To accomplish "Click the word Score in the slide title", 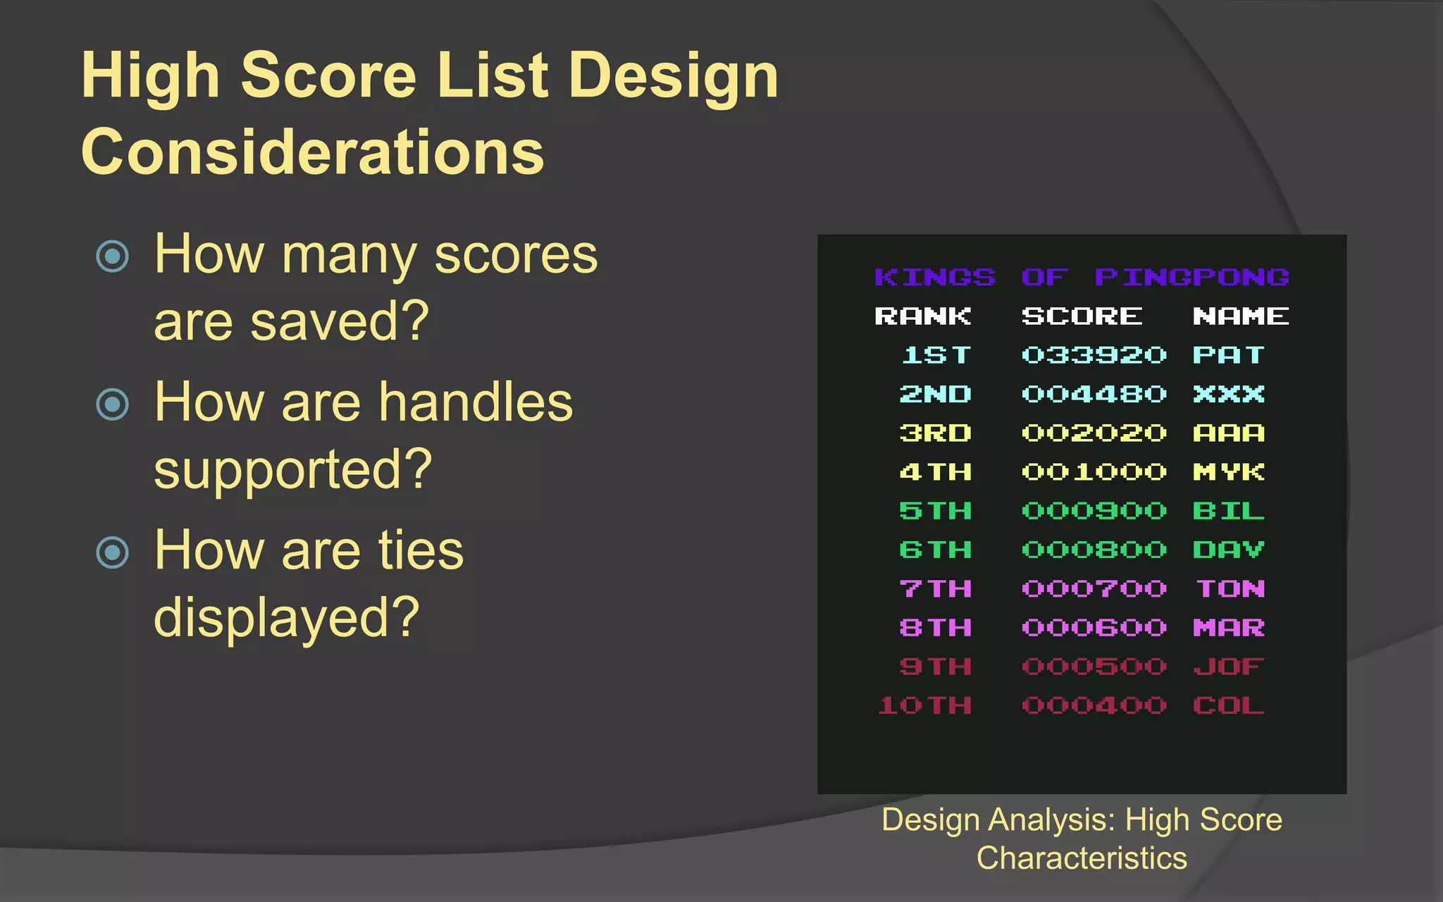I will [330, 75].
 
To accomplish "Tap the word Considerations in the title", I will [313, 152].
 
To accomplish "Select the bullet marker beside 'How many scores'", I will [113, 256].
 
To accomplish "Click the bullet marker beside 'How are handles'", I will [113, 404].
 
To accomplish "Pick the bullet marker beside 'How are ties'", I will [113, 552].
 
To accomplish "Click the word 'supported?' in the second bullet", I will [292, 469].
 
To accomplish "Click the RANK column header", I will [922, 316].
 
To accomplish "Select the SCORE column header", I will [1082, 316].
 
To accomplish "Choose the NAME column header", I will [1241, 316].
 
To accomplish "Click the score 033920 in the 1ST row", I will [1094, 355].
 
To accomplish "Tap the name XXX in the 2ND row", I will [1229, 394].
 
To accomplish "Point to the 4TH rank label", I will [936, 472].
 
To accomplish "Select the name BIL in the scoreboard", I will [1229, 511].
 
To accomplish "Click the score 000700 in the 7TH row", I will [1094, 589].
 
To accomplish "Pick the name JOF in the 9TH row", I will [1229, 667].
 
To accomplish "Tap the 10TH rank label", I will [924, 705].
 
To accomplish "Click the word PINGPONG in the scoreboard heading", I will [1191, 278].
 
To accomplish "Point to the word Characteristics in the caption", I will [1082, 858].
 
